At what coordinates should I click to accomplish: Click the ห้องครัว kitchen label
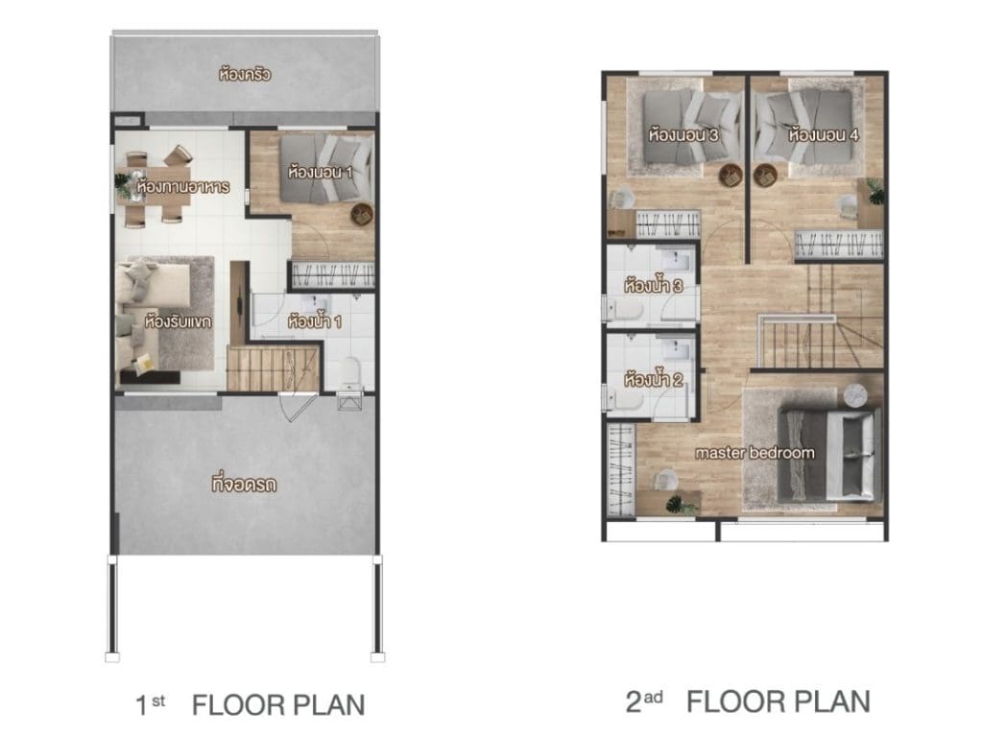pos(245,74)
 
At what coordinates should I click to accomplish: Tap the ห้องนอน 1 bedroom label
pos(320,171)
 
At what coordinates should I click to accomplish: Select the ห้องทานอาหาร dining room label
pos(182,186)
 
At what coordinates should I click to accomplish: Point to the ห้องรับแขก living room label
pos(178,321)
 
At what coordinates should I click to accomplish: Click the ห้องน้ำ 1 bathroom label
pos(314,321)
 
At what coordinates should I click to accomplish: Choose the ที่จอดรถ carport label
pos(243,484)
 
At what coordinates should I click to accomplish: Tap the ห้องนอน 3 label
pos(683,134)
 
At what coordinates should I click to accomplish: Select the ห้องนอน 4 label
pos(823,134)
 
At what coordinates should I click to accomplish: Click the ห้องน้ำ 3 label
pos(653,286)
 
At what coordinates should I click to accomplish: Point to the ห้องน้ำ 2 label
pos(653,379)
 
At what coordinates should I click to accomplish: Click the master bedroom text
pos(755,453)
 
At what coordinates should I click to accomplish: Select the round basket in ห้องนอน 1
pos(362,215)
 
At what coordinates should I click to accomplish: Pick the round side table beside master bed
pos(854,395)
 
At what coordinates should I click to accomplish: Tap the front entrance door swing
pos(298,408)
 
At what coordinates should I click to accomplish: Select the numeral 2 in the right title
pos(634,702)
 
